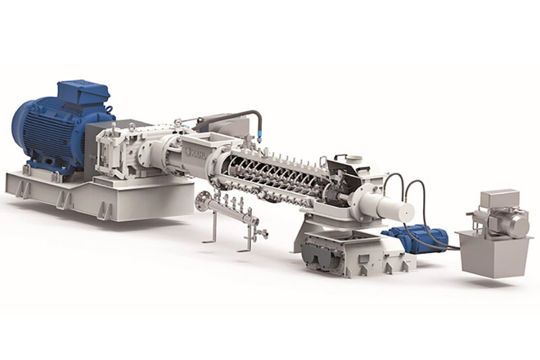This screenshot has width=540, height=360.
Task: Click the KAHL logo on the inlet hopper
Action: coord(196,151)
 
